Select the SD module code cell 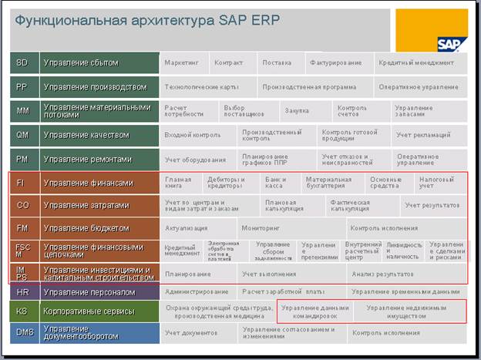pyautogui.click(x=23, y=62)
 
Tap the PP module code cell pyautogui.click(x=23, y=87)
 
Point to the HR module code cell pyautogui.click(x=23, y=292)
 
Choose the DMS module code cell pyautogui.click(x=23, y=334)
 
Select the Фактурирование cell pyautogui.click(x=337, y=62)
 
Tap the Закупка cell pyautogui.click(x=298, y=112)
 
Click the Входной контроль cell pyautogui.click(x=193, y=136)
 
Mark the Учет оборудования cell pyautogui.click(x=196, y=160)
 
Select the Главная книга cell pyautogui.click(x=179, y=183)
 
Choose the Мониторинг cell pyautogui.click(x=260, y=229)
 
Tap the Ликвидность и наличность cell pyautogui.click(x=404, y=251)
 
